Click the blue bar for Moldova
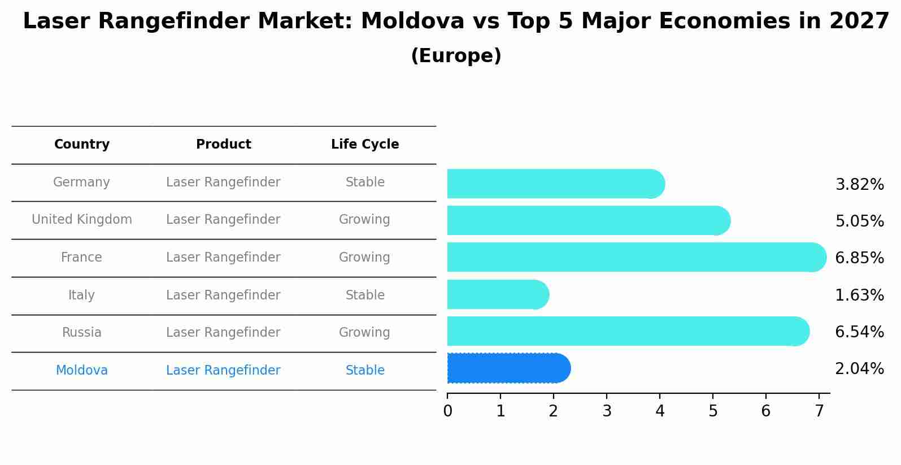pos(508,368)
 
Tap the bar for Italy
pos(497,295)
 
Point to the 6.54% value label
pos(859,332)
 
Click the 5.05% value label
pos(859,221)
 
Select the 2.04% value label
pos(859,369)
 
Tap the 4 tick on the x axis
pos(660,411)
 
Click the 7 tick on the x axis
pos(819,411)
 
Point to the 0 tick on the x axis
pos(447,411)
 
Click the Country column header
pos(82,145)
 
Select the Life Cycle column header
pos(365,145)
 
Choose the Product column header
pos(223,145)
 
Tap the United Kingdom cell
pos(82,220)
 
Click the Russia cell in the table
pos(82,333)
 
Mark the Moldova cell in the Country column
pos(82,371)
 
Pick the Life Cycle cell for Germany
pos(365,182)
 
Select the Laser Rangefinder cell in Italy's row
pos(223,295)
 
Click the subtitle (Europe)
pos(456,57)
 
